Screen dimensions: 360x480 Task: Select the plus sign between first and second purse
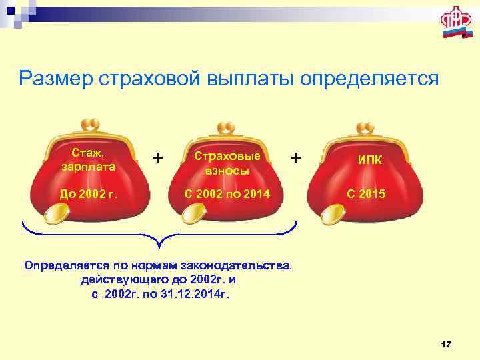click(157, 157)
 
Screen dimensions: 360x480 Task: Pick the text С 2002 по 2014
click(227, 195)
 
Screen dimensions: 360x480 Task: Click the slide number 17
click(446, 344)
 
